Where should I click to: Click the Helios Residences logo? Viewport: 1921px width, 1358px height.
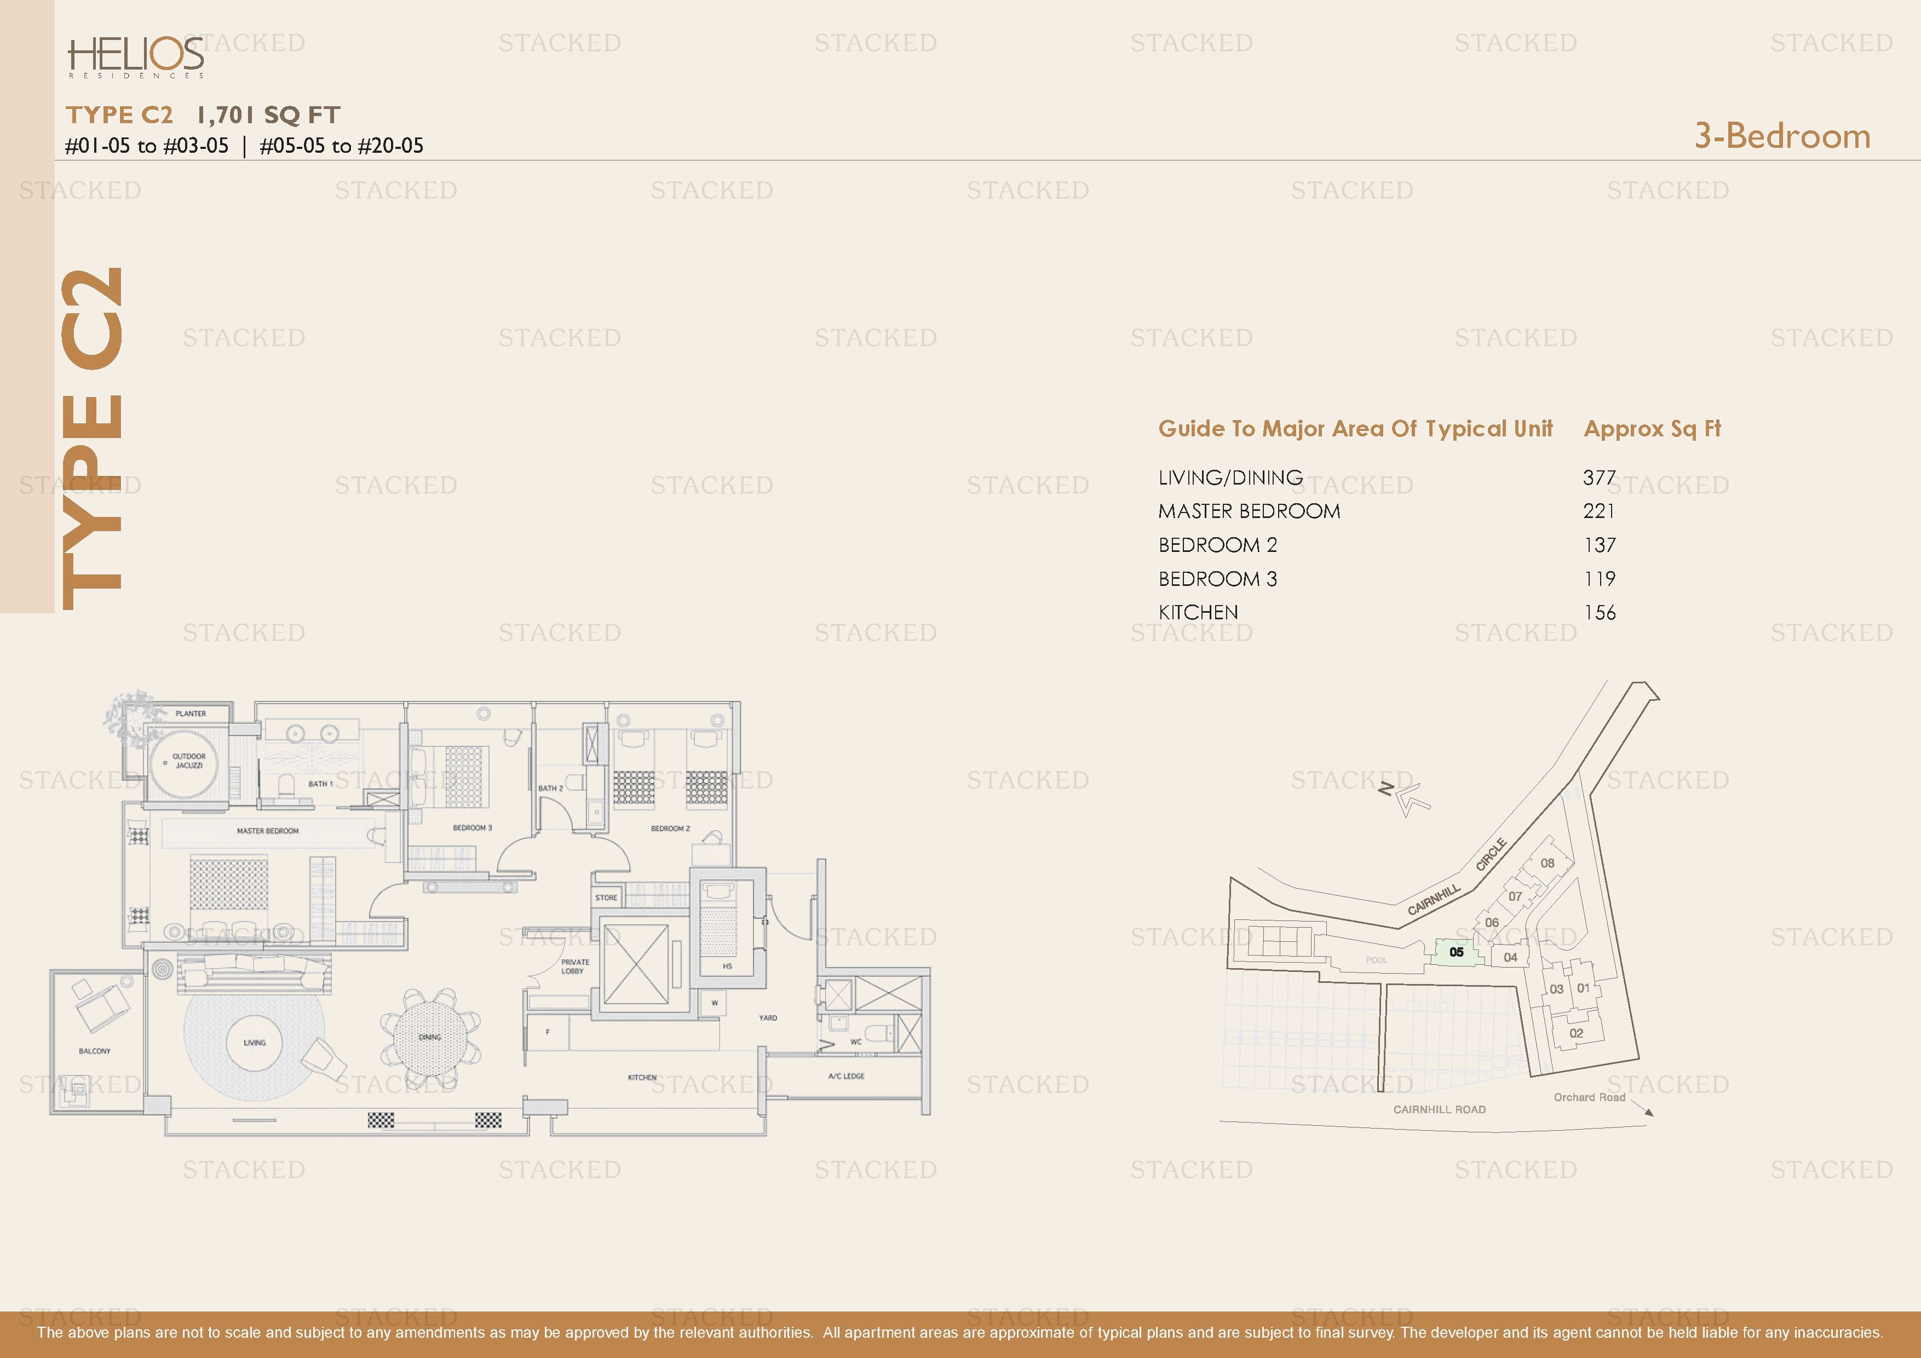[136, 57]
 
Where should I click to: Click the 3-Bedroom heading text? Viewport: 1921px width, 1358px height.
[1782, 136]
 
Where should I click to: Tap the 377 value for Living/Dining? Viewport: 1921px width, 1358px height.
[1599, 478]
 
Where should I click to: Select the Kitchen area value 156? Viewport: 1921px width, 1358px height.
[1599, 613]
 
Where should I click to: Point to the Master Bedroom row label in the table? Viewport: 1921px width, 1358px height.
[1249, 511]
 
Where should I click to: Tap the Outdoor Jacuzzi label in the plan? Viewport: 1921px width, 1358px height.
[189, 761]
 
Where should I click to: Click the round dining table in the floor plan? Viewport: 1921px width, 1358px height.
[430, 1037]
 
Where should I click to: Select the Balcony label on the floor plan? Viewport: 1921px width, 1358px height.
[95, 1051]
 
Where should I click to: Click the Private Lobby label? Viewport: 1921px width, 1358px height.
[575, 966]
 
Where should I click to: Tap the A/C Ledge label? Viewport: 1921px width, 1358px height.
[846, 1076]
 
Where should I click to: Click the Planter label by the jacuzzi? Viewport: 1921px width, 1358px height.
[191, 713]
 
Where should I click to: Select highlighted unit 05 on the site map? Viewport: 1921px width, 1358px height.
[1456, 952]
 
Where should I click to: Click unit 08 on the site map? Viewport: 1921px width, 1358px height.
[1547, 862]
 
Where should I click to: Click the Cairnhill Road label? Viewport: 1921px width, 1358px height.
[1439, 1109]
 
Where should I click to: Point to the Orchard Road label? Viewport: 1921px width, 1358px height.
[1589, 1097]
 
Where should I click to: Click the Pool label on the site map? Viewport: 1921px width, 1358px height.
[1376, 960]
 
